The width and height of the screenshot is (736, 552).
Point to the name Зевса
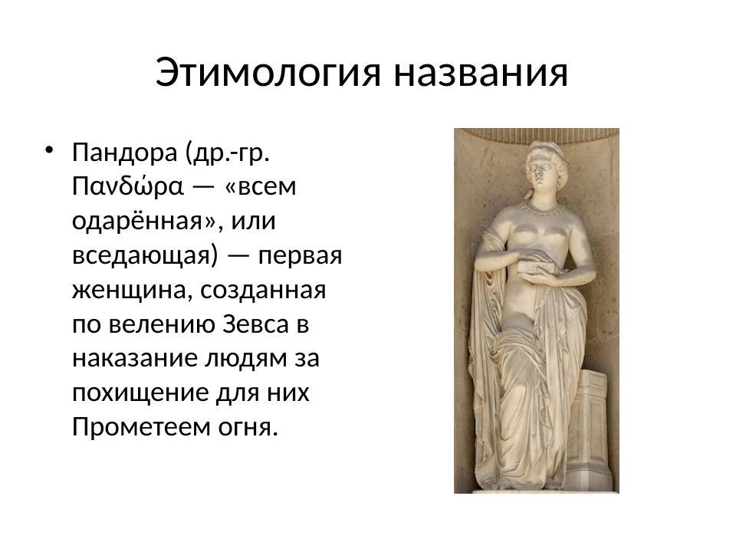coord(257,325)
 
